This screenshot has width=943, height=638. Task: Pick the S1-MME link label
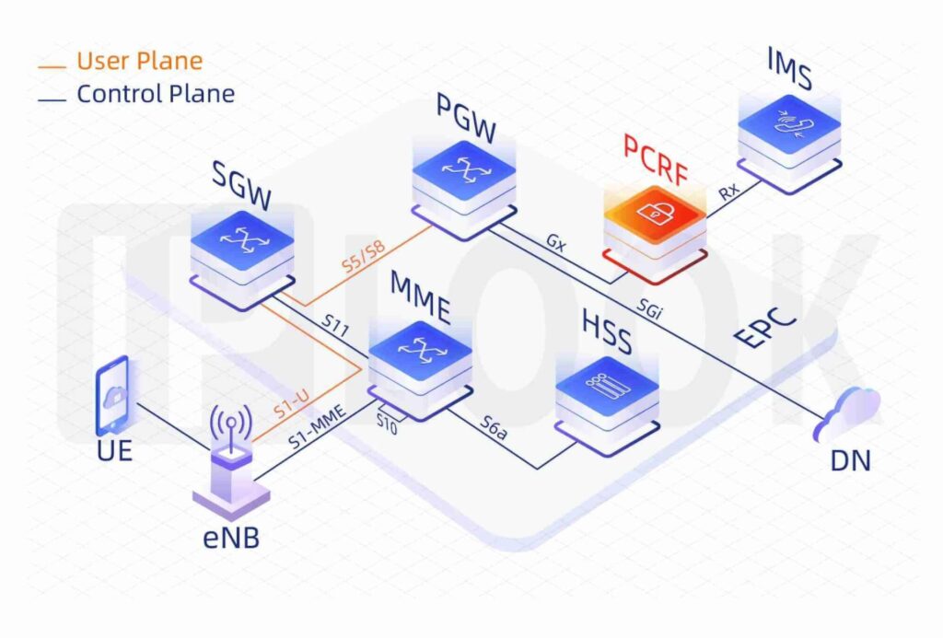pyautogui.click(x=316, y=426)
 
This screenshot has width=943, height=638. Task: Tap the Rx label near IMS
pyautogui.click(x=728, y=191)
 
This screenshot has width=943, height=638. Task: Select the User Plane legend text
pyautogui.click(x=139, y=62)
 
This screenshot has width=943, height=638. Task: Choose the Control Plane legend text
pyautogui.click(x=155, y=93)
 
